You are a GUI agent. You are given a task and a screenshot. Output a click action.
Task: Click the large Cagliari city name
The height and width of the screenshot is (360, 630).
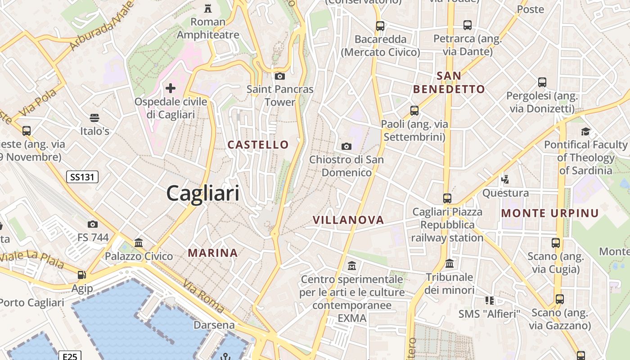point(203,193)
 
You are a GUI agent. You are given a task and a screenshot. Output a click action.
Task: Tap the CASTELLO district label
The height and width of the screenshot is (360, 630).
point(258,144)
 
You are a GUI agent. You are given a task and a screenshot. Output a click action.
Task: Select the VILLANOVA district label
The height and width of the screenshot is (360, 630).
point(348,220)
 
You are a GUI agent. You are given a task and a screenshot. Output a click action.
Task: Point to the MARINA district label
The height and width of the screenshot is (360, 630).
point(213,253)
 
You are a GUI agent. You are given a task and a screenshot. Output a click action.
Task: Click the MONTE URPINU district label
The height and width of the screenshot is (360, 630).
point(550,213)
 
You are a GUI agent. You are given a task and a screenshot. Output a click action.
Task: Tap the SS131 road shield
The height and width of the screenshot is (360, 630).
point(82,177)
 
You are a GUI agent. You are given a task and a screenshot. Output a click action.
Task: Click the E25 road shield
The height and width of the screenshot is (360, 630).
point(70,356)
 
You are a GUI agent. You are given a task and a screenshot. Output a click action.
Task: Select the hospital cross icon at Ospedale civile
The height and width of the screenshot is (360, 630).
point(171,88)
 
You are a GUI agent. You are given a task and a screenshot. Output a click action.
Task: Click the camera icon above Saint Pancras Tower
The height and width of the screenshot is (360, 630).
point(280,76)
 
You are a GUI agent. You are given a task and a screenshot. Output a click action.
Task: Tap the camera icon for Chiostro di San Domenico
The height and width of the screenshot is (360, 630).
point(346,146)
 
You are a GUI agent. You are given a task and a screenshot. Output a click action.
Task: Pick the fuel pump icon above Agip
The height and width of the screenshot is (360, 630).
point(81,274)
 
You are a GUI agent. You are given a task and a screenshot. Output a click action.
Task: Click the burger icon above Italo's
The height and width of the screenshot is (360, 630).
point(94,118)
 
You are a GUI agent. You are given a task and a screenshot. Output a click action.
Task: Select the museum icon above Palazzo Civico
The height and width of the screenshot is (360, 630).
point(139,243)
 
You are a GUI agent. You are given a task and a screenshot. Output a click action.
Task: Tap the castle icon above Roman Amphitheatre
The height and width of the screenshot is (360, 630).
point(208,8)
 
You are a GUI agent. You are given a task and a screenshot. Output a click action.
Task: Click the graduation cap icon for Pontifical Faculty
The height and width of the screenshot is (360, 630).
point(585,131)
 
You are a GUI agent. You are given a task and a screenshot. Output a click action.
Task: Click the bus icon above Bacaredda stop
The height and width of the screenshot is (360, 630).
point(380,26)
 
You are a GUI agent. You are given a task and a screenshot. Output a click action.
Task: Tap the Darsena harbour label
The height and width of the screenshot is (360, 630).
point(214,325)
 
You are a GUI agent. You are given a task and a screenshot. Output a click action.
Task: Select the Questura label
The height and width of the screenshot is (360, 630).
point(506,193)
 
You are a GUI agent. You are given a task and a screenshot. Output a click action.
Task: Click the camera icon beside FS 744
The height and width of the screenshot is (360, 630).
point(93,224)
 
